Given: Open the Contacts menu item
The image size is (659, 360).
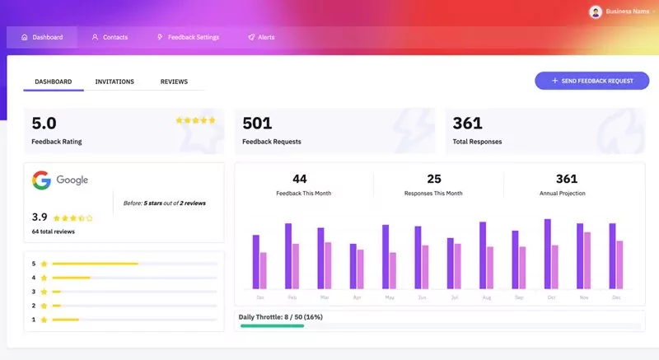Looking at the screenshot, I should point(110,37).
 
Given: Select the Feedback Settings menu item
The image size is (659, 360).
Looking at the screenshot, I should point(188,37).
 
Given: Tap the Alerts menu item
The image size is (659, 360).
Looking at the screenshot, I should point(261,37).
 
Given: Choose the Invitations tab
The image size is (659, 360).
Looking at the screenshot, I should point(115,82).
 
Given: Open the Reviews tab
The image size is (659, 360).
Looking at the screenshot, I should point(174,82).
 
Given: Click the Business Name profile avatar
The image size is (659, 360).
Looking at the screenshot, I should point(596,12).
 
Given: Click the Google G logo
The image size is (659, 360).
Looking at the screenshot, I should point(42,180).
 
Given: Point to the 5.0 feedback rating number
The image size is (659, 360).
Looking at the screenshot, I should point(44,124).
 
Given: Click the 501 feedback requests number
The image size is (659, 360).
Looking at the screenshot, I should point(257,124).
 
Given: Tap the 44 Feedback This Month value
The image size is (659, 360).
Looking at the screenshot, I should point(300,179).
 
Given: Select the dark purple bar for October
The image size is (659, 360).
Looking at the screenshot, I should point(548,253).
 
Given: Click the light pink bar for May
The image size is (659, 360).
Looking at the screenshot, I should point(393,269).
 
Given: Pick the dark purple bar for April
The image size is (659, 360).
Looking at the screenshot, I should point(353,265).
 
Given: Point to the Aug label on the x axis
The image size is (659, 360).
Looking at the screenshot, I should point(487,297).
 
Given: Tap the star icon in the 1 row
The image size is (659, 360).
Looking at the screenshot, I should point(44,319).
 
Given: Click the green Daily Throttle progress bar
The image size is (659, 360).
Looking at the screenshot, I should point(272,325).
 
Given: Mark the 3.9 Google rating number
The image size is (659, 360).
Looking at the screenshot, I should point(40,217).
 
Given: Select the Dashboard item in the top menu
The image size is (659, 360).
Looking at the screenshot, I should point(42,37).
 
